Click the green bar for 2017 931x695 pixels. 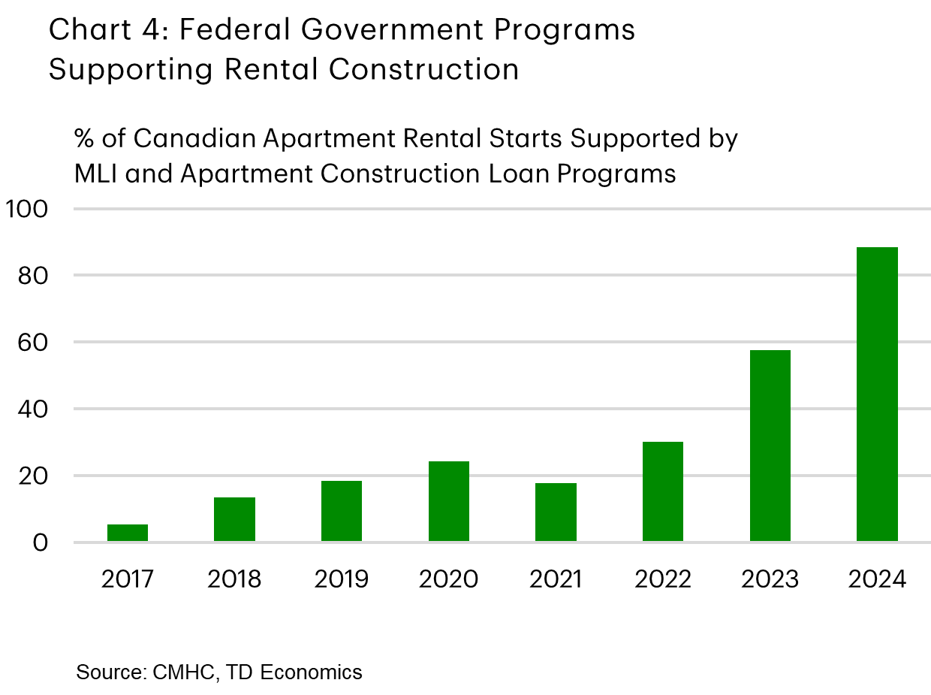point(128,533)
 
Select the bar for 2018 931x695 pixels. point(234,519)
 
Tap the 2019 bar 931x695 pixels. point(342,511)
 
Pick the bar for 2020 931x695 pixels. point(449,501)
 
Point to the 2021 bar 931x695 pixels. point(556,512)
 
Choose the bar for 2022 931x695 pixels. point(663,491)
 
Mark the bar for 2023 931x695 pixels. point(770,446)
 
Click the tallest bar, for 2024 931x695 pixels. point(877,394)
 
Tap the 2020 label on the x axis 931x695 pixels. point(449,580)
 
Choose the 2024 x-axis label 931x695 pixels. point(877,580)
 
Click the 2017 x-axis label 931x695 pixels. point(128,580)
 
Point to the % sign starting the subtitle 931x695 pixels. point(84,139)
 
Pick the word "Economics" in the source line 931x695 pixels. point(315,671)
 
